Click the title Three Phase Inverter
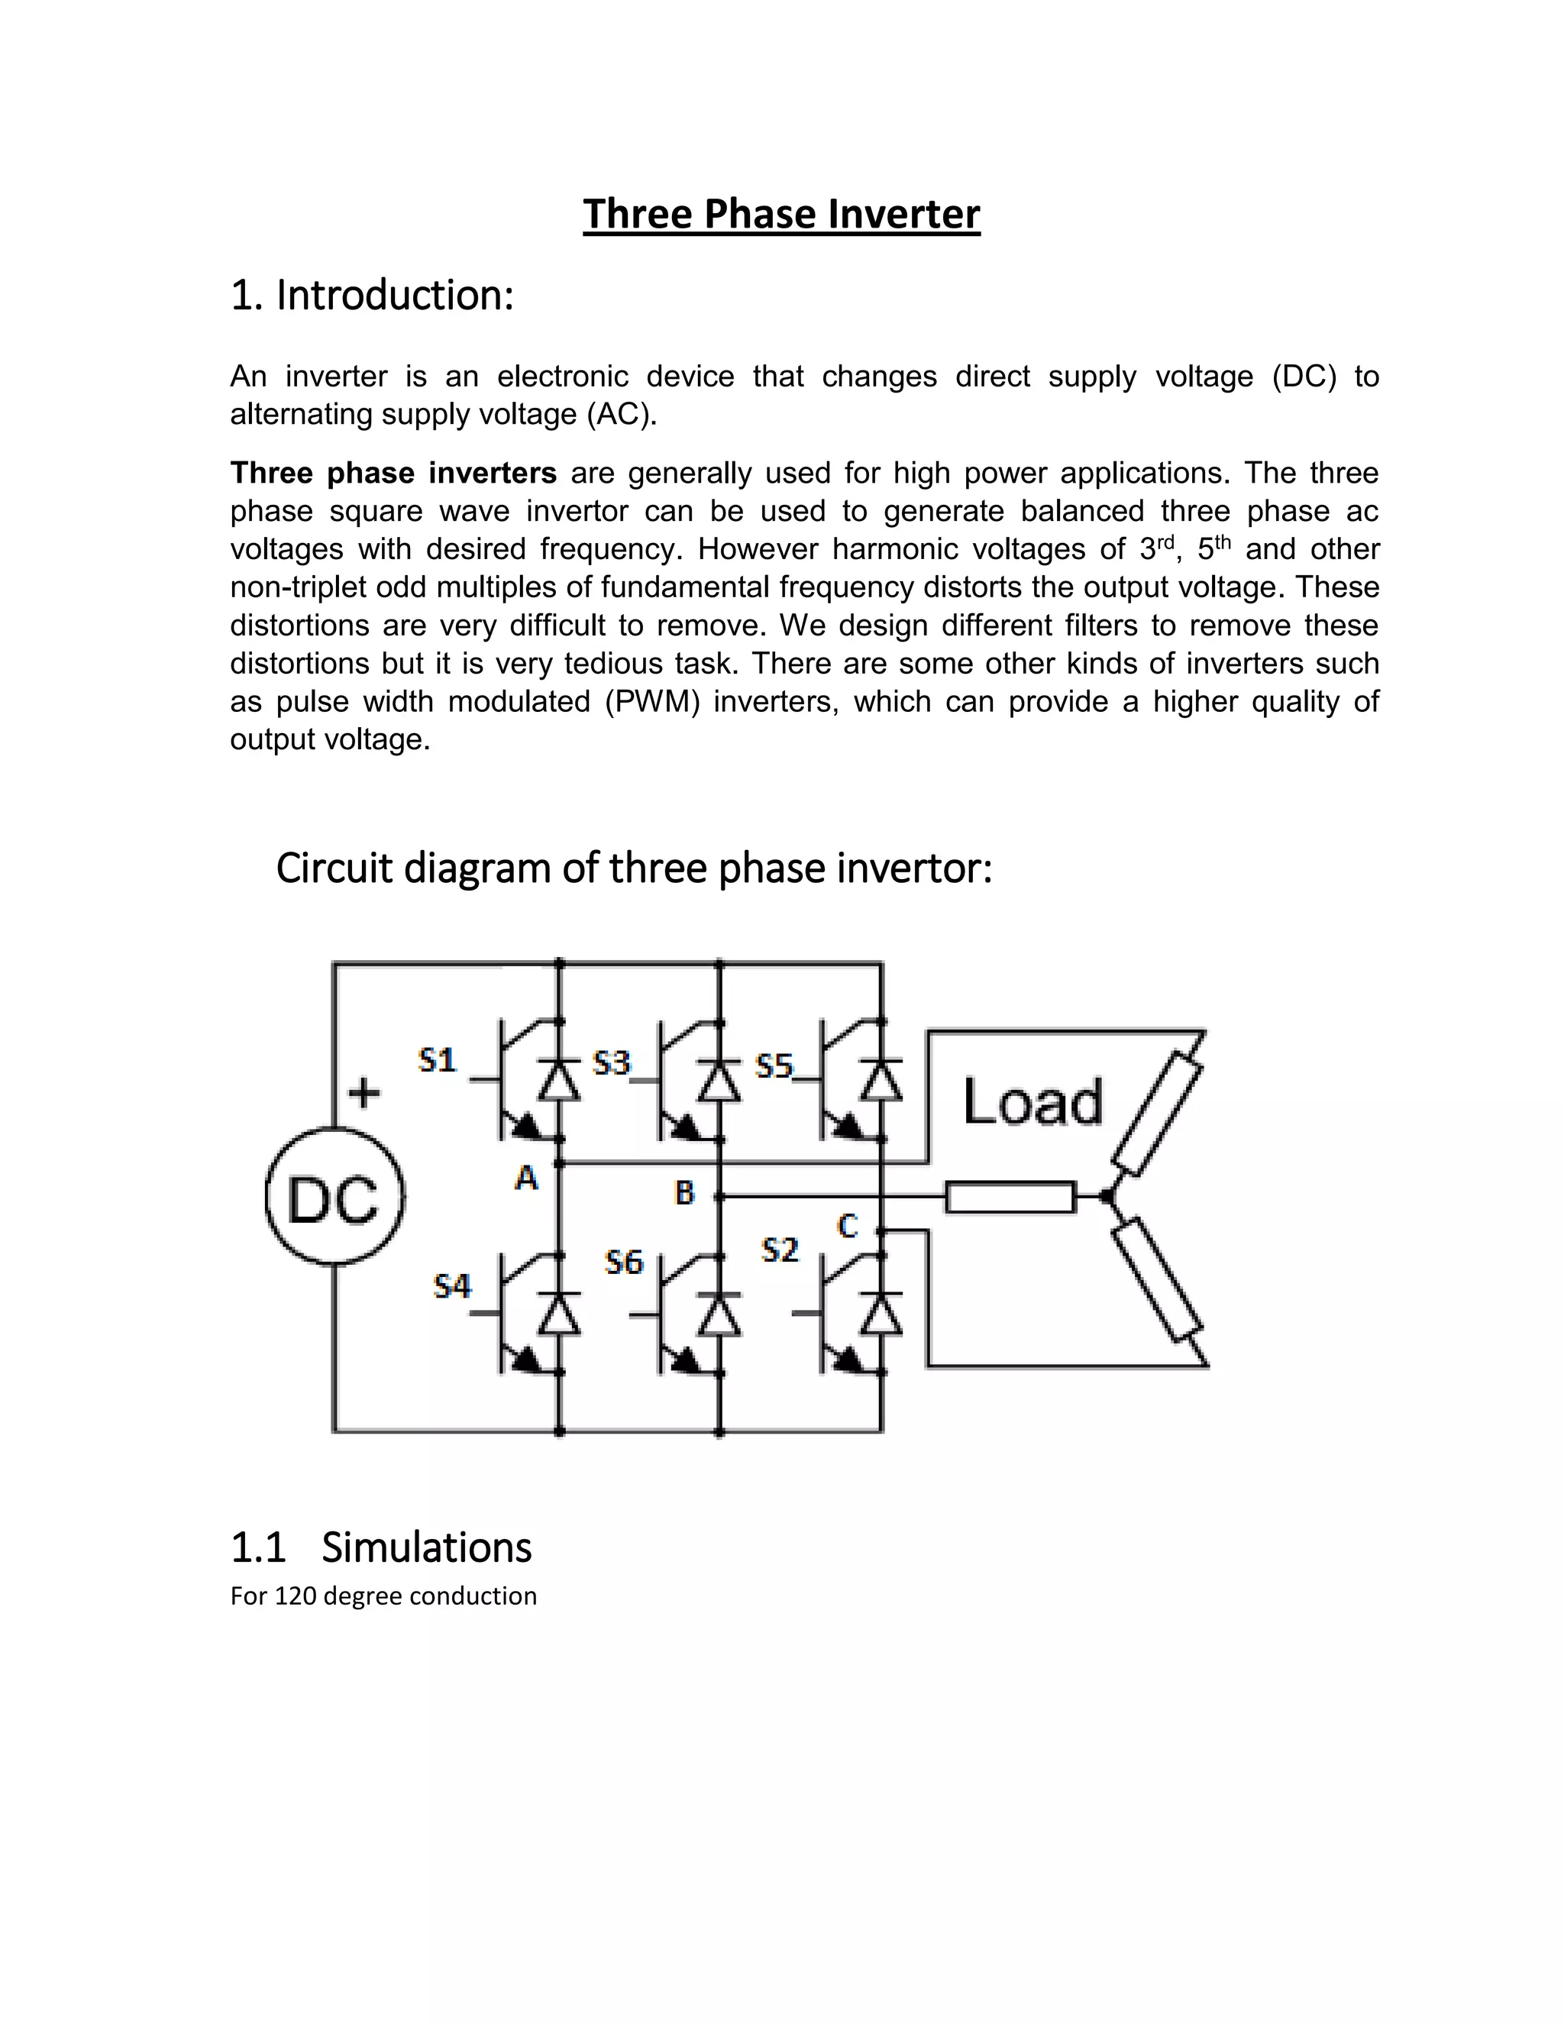[x=781, y=214]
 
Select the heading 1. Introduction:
[x=372, y=296]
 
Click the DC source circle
[x=334, y=1196]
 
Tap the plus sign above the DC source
[x=364, y=1093]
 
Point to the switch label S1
[x=438, y=1059]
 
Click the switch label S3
[x=612, y=1062]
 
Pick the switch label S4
[x=452, y=1286]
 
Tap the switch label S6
[x=624, y=1263]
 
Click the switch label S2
[x=779, y=1250]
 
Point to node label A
[x=526, y=1178]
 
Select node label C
[x=847, y=1226]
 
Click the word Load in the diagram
[x=1033, y=1102]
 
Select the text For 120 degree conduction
[x=383, y=1596]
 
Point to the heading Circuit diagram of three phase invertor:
[x=634, y=868]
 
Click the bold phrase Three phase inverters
[x=393, y=473]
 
